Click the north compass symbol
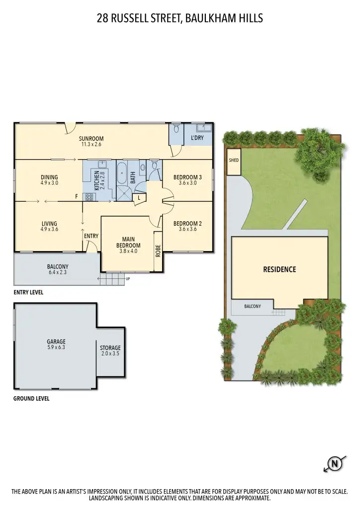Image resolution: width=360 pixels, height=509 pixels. (x=335, y=465)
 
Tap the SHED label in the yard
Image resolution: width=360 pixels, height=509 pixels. (x=233, y=161)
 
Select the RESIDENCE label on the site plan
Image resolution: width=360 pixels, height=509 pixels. (x=279, y=269)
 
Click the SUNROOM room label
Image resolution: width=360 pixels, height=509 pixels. (x=91, y=139)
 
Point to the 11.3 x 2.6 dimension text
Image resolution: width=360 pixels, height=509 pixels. (x=91, y=145)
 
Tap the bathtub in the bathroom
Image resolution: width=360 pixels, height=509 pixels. (x=122, y=173)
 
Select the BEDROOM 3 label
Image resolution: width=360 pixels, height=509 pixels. (x=187, y=177)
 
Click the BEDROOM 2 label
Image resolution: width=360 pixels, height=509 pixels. (x=187, y=224)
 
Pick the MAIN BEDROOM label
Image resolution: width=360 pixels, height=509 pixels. (x=128, y=242)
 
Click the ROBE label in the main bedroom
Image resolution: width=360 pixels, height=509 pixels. (x=158, y=251)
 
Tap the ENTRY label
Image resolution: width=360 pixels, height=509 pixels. (x=91, y=236)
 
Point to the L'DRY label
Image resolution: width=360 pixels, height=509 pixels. (x=197, y=138)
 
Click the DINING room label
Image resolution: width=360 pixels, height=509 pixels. (x=49, y=177)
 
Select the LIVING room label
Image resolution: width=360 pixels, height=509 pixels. (x=49, y=224)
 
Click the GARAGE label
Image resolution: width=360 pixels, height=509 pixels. (x=56, y=341)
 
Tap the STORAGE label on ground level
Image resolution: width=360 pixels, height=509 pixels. (x=110, y=348)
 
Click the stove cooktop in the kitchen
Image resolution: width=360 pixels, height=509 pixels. (x=90, y=197)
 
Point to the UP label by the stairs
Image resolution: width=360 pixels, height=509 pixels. (x=128, y=279)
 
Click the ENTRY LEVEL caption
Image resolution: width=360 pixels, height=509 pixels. (x=28, y=293)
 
